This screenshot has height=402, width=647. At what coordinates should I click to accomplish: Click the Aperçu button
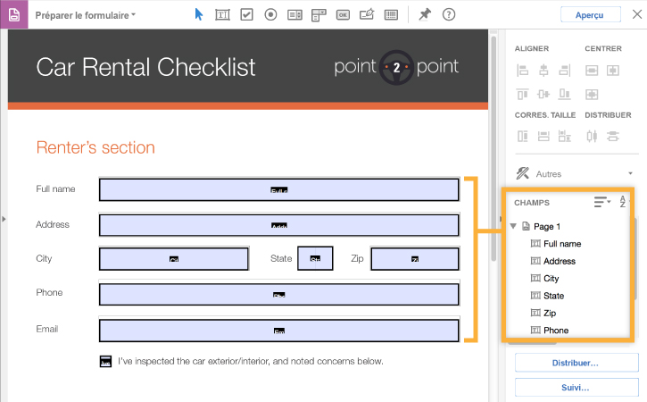point(590,14)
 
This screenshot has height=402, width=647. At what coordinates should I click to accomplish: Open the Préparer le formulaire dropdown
point(86,15)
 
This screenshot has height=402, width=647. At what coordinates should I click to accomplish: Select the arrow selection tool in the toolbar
point(199,14)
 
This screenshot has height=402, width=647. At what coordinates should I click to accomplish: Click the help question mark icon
point(449,14)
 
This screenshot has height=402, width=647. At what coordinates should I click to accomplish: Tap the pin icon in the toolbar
point(425,14)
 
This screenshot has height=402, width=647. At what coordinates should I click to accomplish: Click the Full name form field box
point(278,189)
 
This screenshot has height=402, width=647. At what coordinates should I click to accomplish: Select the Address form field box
point(278,224)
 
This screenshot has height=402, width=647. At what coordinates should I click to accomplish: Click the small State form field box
point(314,259)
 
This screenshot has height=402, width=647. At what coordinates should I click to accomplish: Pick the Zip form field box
point(414,259)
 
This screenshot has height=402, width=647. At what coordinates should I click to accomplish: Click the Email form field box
point(278,330)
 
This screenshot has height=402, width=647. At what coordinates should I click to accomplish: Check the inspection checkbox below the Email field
point(105,362)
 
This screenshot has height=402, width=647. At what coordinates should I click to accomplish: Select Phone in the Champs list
point(556,331)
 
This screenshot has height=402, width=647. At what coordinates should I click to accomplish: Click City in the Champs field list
point(552,279)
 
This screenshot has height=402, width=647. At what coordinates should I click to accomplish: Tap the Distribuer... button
point(576,364)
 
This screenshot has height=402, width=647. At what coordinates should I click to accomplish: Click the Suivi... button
point(576,389)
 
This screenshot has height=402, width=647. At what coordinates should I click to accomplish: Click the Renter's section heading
point(95,147)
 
